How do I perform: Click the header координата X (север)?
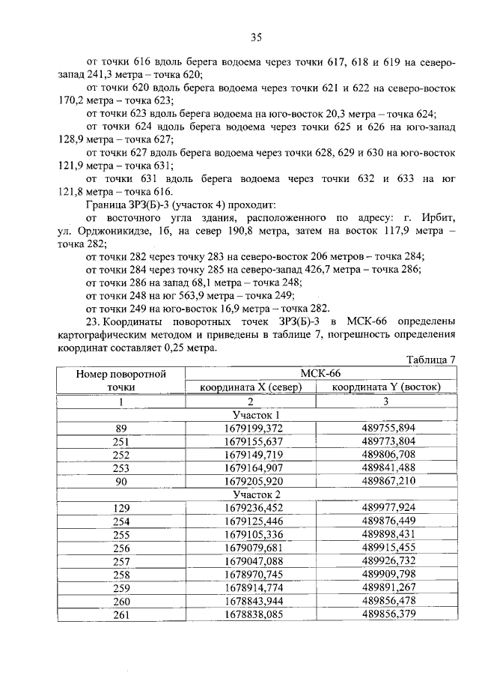250,387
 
